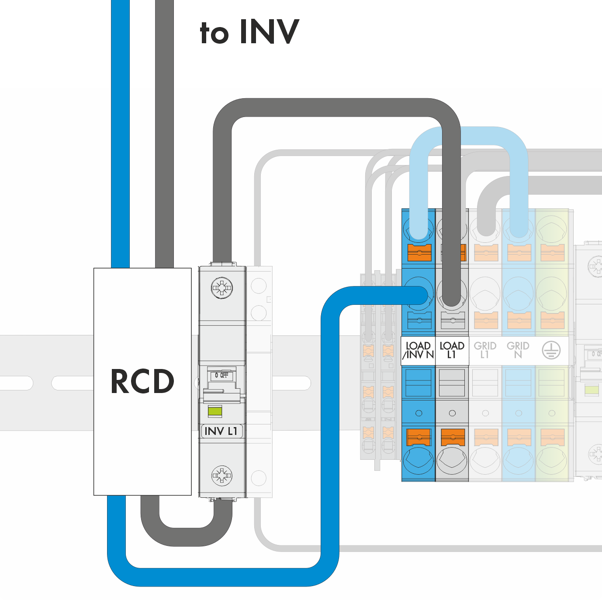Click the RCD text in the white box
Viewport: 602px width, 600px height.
(142, 381)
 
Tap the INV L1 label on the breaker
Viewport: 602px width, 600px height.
(221, 431)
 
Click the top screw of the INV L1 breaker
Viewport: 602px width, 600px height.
(222, 288)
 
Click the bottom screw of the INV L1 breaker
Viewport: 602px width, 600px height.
(222, 476)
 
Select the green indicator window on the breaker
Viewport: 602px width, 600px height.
(215, 411)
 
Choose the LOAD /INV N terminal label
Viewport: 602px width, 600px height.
(418, 350)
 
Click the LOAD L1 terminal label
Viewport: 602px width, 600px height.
(452, 350)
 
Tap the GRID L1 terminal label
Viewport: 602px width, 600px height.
(485, 350)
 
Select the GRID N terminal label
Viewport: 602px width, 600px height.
(518, 350)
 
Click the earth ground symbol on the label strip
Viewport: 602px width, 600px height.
(551, 350)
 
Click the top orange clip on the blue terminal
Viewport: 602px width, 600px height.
(419, 252)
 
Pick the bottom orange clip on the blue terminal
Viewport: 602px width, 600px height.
(419, 437)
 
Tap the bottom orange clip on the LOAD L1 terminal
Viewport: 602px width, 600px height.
(452, 437)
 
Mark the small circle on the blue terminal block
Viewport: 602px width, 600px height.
(419, 413)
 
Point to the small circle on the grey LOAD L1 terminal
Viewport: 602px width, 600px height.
(452, 413)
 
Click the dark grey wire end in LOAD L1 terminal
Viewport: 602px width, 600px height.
(452, 297)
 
